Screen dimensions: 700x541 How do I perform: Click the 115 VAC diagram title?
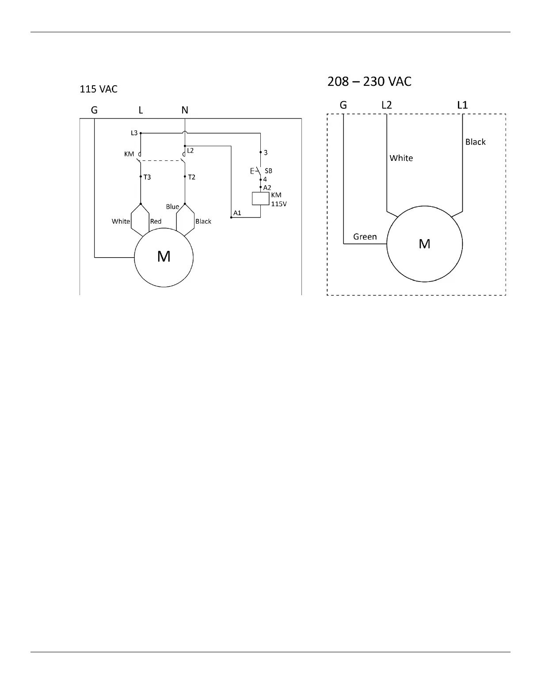(98, 89)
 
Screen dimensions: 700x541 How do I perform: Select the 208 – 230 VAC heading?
(369, 82)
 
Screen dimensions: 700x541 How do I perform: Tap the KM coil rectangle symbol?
(261, 199)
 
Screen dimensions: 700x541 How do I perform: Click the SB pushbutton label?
(268, 171)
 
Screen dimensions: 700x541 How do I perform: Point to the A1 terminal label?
(237, 213)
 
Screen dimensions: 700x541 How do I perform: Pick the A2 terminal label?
(267, 188)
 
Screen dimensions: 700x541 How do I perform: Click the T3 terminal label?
(147, 177)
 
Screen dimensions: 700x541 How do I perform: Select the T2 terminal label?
(191, 177)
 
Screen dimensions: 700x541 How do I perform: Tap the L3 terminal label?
(134, 133)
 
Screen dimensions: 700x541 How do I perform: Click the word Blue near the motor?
(172, 207)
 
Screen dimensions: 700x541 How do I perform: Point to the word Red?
(156, 221)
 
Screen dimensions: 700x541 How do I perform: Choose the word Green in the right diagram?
(365, 237)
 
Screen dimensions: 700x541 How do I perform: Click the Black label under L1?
(475, 142)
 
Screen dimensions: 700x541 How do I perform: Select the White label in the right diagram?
(401, 158)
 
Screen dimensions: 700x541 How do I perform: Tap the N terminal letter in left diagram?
(185, 110)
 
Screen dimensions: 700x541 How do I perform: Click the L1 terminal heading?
(462, 105)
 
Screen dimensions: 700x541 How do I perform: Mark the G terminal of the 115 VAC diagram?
(94, 110)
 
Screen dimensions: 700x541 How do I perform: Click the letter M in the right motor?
(424, 244)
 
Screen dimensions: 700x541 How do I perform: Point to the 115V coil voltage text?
(278, 204)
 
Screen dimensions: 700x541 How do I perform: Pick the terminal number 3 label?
(266, 153)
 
